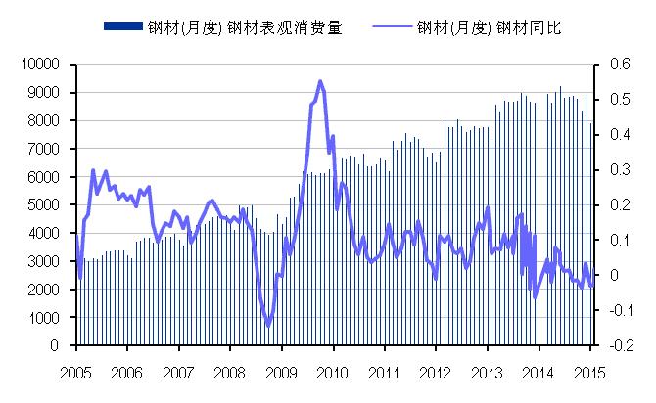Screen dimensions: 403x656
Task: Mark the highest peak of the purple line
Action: click(x=320, y=81)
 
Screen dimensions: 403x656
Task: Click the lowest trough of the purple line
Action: click(x=268, y=326)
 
